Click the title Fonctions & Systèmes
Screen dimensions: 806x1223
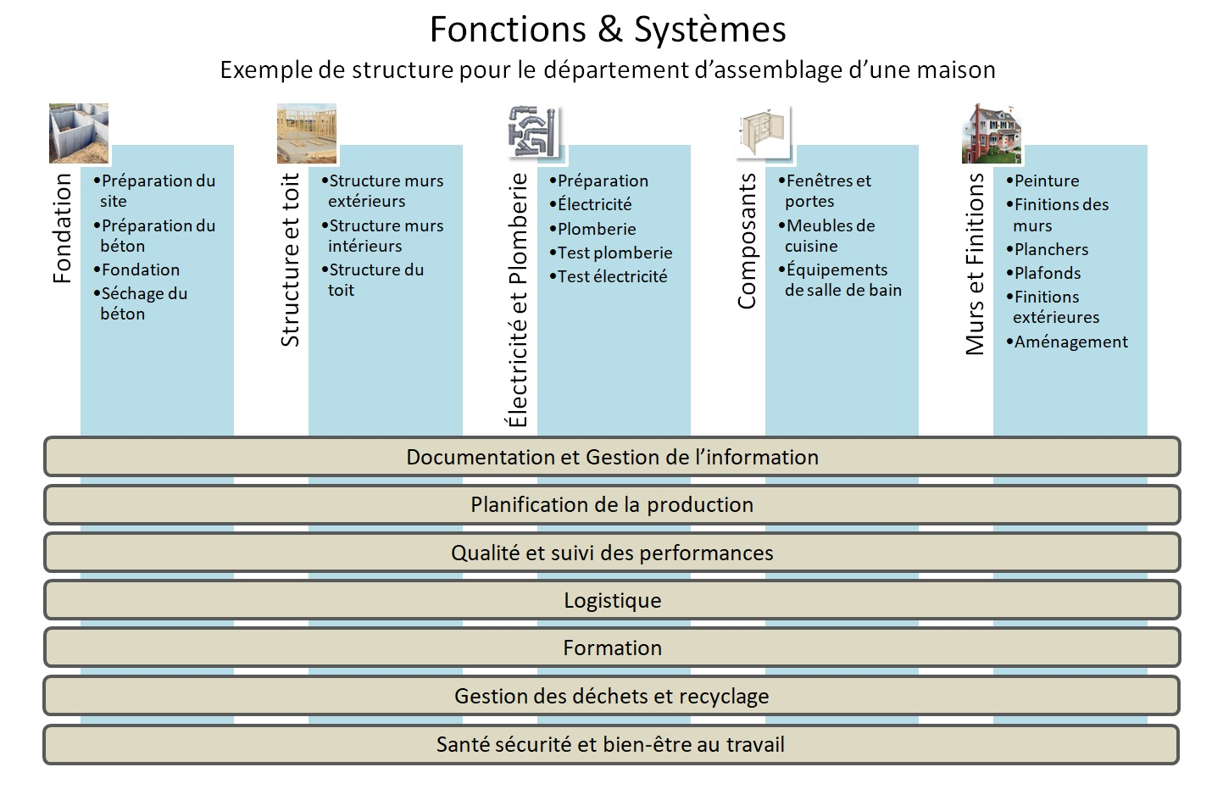point(608,30)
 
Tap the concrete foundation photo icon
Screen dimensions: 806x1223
point(79,133)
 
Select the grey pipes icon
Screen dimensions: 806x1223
point(535,132)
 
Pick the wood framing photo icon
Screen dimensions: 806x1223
point(307,133)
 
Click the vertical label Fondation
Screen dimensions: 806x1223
point(62,228)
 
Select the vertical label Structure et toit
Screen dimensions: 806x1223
point(291,260)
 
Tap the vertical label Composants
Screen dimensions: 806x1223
point(747,242)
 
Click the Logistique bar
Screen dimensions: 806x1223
point(611,601)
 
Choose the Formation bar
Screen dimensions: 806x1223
point(611,648)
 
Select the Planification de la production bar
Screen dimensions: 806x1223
point(611,505)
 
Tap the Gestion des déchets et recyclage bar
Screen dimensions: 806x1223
point(611,697)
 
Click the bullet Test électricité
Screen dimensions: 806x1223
point(611,277)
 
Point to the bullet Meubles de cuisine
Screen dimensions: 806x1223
point(829,236)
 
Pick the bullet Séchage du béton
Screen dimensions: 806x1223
point(142,304)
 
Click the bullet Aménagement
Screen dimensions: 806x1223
point(1070,342)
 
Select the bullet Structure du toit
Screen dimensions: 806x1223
point(375,281)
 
